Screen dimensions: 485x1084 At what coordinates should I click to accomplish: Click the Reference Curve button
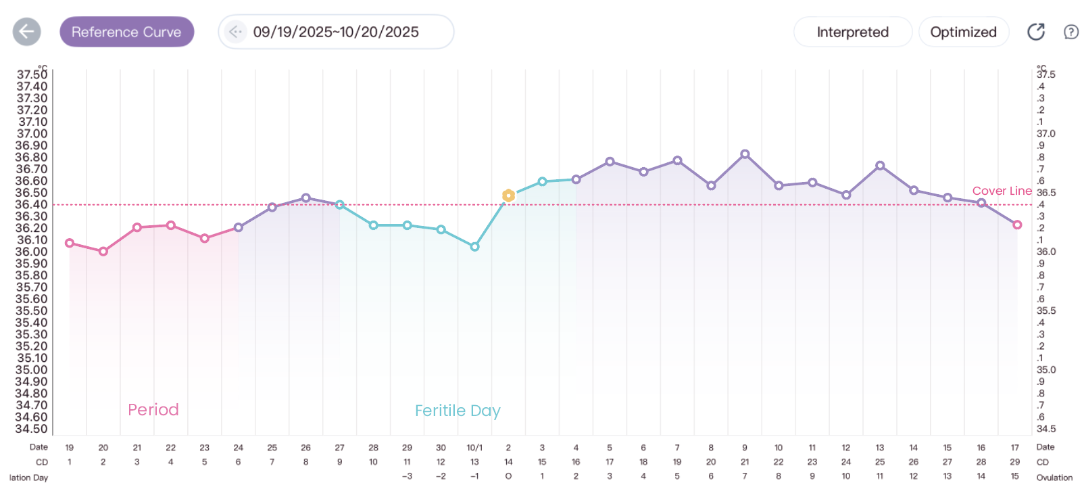(126, 32)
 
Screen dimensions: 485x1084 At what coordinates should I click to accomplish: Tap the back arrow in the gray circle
(27, 31)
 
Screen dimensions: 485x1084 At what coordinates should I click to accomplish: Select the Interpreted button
(852, 32)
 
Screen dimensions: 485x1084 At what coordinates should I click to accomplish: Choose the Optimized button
(963, 32)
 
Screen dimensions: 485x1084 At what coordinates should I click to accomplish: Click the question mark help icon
(1070, 32)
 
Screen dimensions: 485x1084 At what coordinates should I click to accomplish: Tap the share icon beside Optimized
(1036, 32)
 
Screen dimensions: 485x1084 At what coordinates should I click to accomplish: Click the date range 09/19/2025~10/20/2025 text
(336, 32)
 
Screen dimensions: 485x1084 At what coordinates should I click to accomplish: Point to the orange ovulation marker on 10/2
(508, 195)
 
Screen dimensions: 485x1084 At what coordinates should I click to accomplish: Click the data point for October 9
(745, 154)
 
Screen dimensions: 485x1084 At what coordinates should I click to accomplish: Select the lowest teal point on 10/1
(474, 247)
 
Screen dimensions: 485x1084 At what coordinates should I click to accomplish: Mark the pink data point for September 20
(103, 251)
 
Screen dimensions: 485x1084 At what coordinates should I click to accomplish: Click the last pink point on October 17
(1017, 225)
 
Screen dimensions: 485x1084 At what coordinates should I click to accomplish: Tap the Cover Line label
(1002, 191)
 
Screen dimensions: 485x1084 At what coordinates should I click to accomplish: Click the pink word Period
(153, 410)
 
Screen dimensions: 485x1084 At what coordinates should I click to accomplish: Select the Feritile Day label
(458, 411)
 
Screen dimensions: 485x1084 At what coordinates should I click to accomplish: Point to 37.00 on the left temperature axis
(32, 134)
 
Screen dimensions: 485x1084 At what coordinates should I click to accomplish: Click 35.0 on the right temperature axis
(1045, 370)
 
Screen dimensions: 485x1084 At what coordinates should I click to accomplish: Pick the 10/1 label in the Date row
(474, 448)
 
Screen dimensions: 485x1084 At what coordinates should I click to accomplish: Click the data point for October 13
(880, 166)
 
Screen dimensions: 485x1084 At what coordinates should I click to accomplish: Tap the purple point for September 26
(306, 198)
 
